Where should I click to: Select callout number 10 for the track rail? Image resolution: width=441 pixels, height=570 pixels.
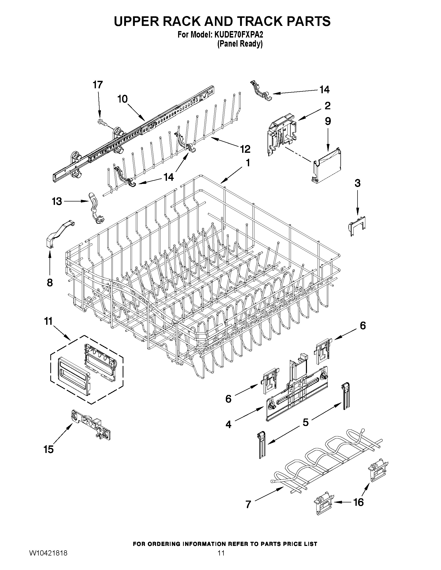(x=122, y=99)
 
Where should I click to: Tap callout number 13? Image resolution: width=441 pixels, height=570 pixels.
(x=57, y=201)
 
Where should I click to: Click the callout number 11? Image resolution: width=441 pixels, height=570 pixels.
(x=48, y=321)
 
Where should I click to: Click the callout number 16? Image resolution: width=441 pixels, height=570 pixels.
(x=358, y=502)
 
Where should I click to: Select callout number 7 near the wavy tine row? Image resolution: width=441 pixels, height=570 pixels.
(x=248, y=504)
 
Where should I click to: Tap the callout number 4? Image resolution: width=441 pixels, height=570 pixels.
(x=228, y=424)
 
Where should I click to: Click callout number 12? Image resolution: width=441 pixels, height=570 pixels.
(x=245, y=149)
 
